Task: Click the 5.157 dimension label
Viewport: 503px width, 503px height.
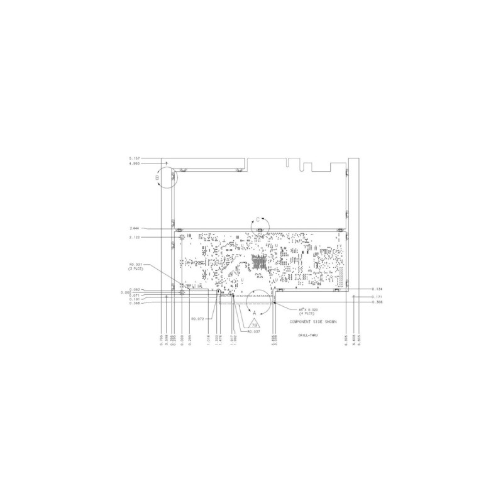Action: pyautogui.click(x=133, y=158)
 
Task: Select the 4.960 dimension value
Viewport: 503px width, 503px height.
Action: pyautogui.click(x=133, y=163)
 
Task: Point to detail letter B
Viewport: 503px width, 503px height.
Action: pyautogui.click(x=158, y=178)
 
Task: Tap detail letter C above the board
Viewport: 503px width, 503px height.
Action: pyautogui.click(x=257, y=221)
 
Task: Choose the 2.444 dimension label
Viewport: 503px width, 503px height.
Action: pyautogui.click(x=134, y=228)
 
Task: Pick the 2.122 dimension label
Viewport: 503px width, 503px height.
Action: pyautogui.click(x=134, y=238)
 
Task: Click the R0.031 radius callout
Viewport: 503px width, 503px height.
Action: pyautogui.click(x=137, y=265)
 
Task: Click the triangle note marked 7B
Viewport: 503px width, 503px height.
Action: pyautogui.click(x=255, y=324)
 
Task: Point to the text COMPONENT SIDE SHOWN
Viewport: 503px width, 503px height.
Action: pyautogui.click(x=312, y=321)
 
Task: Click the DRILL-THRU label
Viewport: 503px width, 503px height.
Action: pyautogui.click(x=307, y=336)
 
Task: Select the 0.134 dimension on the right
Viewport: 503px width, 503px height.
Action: pyautogui.click(x=377, y=290)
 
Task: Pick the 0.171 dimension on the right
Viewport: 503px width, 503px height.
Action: pyautogui.click(x=377, y=296)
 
